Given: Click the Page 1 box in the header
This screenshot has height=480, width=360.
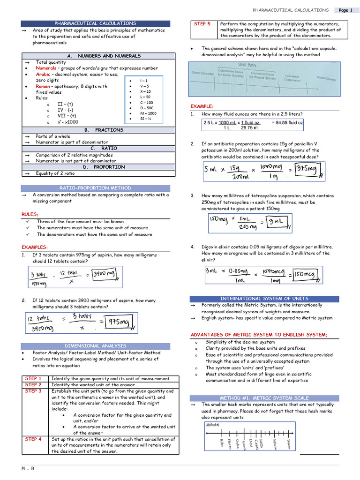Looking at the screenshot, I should point(345,10).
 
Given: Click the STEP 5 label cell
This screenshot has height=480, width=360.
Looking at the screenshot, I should point(202,23).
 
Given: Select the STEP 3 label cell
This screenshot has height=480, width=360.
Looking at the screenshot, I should point(33,391).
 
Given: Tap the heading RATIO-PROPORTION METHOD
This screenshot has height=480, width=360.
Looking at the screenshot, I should point(95,188).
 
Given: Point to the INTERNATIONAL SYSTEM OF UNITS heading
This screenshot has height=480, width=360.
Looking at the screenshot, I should point(264,299).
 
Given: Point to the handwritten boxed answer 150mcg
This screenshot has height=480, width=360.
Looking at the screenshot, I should point(306,275).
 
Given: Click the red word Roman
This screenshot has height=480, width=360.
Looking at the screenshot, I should point(43,86).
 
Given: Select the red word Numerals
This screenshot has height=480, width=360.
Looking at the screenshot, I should point(46,68).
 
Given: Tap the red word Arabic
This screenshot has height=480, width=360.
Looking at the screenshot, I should point(43,74).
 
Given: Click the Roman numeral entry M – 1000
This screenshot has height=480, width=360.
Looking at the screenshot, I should point(148,113).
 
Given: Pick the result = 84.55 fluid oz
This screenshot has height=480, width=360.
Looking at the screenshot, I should point(287,122).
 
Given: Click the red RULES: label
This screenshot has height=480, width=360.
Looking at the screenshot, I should point(30,214).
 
